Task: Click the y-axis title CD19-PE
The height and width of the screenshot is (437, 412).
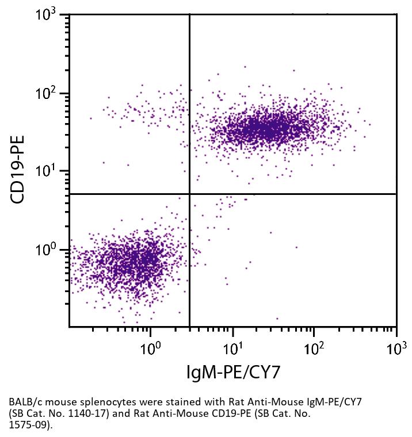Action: click(x=19, y=170)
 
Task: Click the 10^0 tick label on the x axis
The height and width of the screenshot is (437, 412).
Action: click(x=150, y=348)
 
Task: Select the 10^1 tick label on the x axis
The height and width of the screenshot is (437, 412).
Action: click(x=232, y=348)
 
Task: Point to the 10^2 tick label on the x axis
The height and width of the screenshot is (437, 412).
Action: click(x=314, y=348)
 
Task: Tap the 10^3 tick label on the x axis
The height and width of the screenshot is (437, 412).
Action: click(x=395, y=348)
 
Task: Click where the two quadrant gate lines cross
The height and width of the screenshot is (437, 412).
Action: click(x=189, y=194)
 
